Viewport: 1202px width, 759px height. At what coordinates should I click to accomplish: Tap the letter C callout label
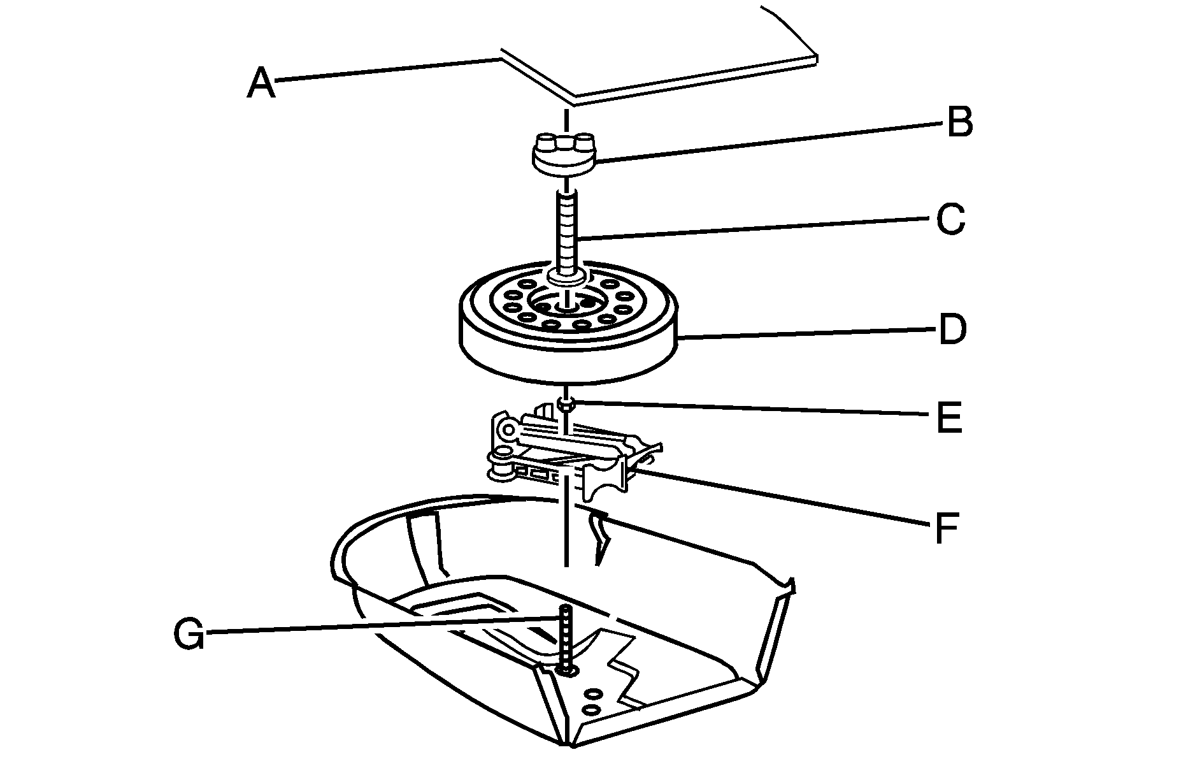pos(950,220)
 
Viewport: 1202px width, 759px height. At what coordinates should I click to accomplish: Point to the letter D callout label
pos(952,330)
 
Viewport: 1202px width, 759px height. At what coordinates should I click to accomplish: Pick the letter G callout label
pos(189,633)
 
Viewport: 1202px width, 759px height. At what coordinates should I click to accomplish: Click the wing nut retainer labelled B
pos(563,157)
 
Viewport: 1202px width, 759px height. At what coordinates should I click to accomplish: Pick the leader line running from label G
pos(382,626)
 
